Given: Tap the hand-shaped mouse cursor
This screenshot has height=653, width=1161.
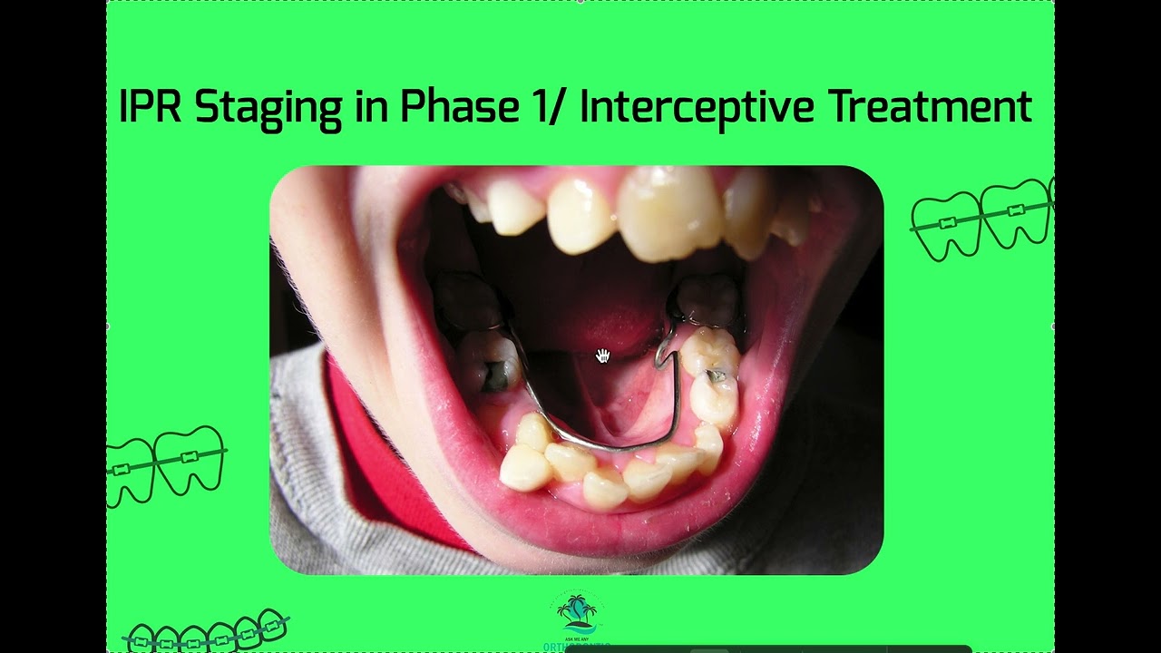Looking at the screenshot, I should pos(602,356).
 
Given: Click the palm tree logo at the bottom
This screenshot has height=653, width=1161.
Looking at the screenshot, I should pos(577,614).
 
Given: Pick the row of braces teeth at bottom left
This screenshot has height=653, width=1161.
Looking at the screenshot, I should pos(207,631).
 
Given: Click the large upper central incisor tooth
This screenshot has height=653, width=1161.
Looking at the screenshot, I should pos(669,212).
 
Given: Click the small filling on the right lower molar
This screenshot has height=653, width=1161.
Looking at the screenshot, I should pos(717,375).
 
